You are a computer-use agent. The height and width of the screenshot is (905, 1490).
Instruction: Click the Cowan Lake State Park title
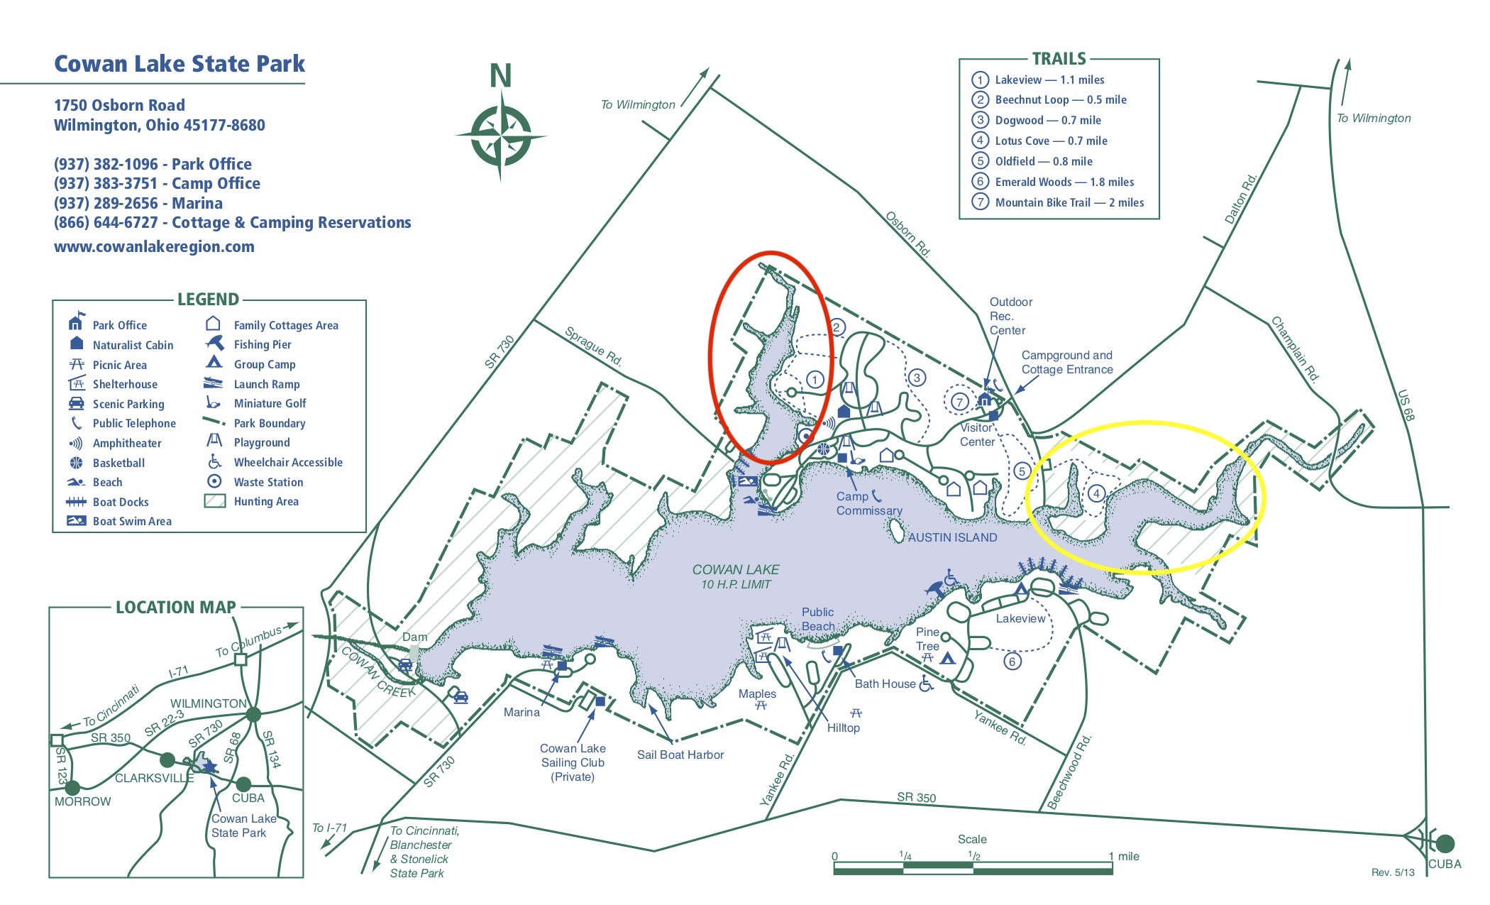coord(180,64)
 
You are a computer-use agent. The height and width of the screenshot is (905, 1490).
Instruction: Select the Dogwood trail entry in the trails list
coord(1047,120)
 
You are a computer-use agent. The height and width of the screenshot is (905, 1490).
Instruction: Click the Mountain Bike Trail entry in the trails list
coord(1069,202)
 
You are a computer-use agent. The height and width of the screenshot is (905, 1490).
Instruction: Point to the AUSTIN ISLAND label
coord(952,537)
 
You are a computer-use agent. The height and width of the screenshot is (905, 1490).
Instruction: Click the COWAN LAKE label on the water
coord(735,569)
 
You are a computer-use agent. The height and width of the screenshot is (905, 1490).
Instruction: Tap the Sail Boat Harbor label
coord(680,755)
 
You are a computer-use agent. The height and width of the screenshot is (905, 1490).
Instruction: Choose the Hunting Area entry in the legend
coord(265,501)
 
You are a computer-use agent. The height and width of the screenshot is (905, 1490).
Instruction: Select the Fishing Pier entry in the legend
coord(262,344)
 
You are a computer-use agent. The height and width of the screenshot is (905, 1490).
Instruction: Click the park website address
coord(154,246)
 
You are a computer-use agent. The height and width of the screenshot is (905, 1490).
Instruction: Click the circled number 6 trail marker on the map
coord(1012,662)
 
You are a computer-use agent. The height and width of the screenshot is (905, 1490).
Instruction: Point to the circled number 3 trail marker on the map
coord(917,378)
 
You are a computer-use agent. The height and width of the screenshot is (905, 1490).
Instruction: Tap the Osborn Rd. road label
coord(907,234)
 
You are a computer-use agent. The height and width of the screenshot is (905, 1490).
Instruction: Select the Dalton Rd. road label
coord(1241,199)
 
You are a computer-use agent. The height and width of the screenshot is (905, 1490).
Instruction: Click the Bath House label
coord(885,684)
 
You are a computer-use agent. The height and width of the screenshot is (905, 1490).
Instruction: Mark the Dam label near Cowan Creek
coord(414,637)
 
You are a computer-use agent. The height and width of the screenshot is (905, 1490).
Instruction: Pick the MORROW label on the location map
coord(83,801)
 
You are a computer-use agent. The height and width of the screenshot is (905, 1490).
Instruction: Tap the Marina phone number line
coord(138,203)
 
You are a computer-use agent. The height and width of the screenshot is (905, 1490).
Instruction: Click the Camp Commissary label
coord(868,503)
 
